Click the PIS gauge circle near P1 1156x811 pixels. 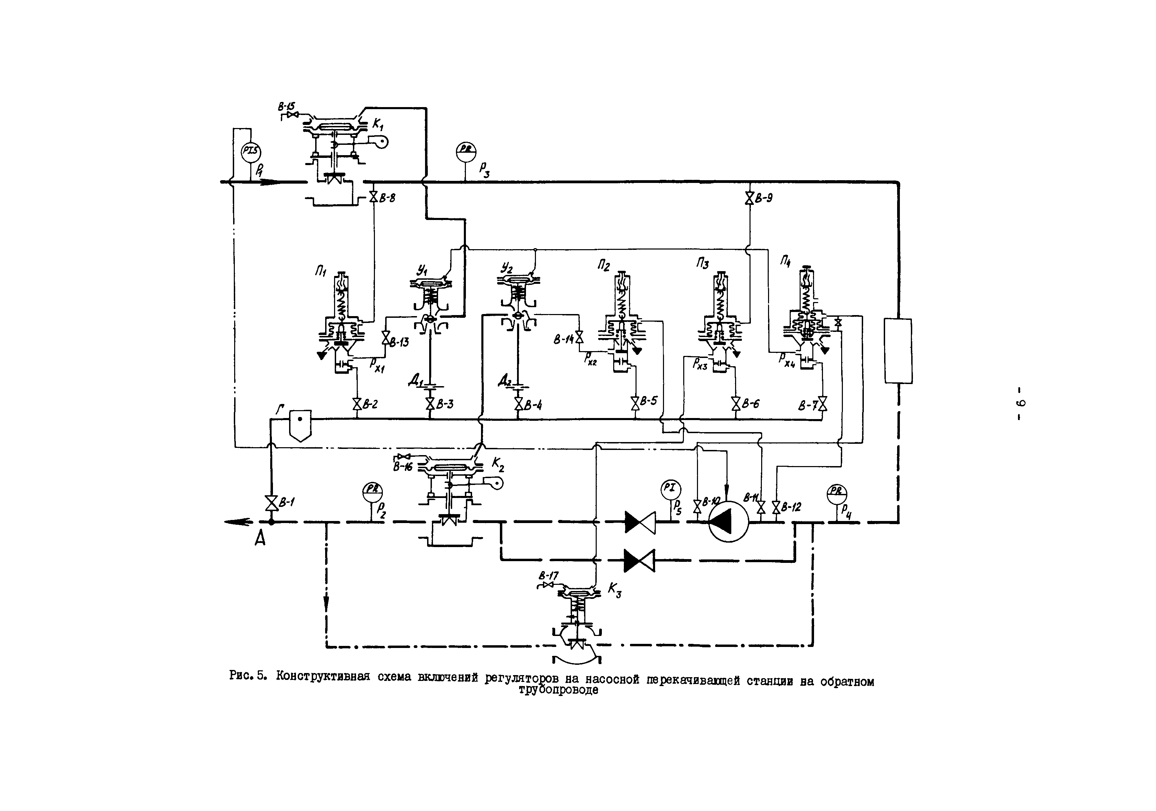(x=251, y=152)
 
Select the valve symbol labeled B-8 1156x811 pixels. (x=374, y=197)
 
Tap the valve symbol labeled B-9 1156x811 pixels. (x=749, y=198)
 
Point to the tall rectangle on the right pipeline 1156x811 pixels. (x=898, y=350)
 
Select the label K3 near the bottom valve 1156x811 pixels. (x=614, y=590)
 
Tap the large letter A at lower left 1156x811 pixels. (x=260, y=540)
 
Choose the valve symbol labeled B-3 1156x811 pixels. (x=430, y=403)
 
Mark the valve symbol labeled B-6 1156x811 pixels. (x=736, y=403)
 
